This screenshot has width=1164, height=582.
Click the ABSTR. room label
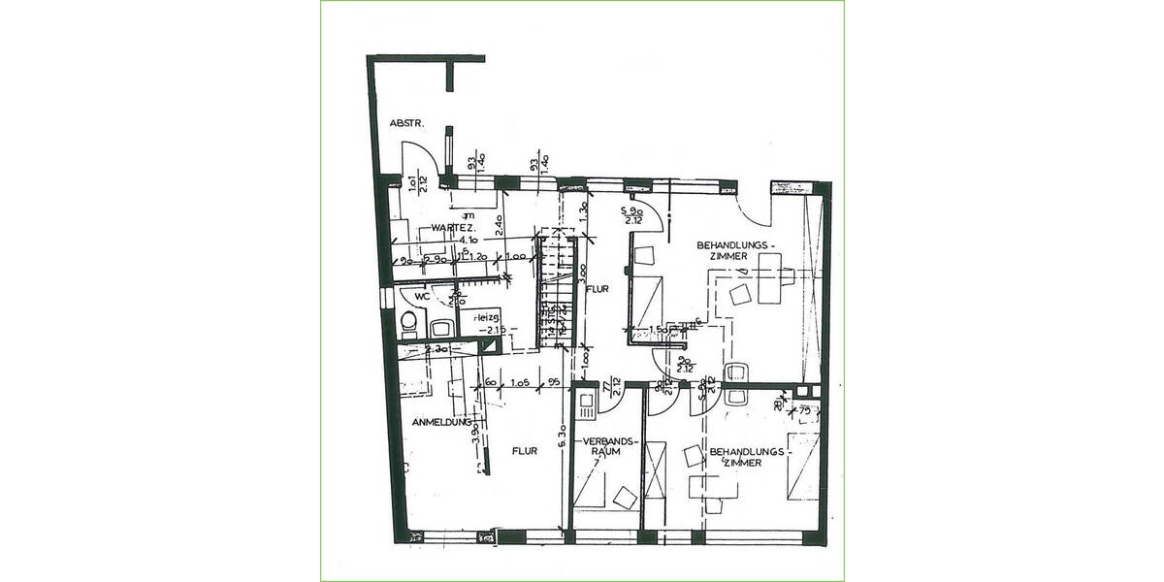(x=404, y=123)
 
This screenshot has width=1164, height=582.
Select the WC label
(x=422, y=296)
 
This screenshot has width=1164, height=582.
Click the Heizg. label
(x=487, y=318)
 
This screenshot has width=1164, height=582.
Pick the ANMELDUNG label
(x=440, y=423)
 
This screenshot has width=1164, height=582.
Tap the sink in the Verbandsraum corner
(x=586, y=404)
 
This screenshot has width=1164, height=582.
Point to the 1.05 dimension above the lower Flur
(x=519, y=382)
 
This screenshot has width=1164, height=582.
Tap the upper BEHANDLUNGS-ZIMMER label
(x=732, y=250)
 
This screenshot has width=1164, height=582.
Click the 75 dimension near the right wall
(x=803, y=410)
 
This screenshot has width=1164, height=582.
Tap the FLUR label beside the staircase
(x=595, y=288)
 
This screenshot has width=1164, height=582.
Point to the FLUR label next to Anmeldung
(x=526, y=450)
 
